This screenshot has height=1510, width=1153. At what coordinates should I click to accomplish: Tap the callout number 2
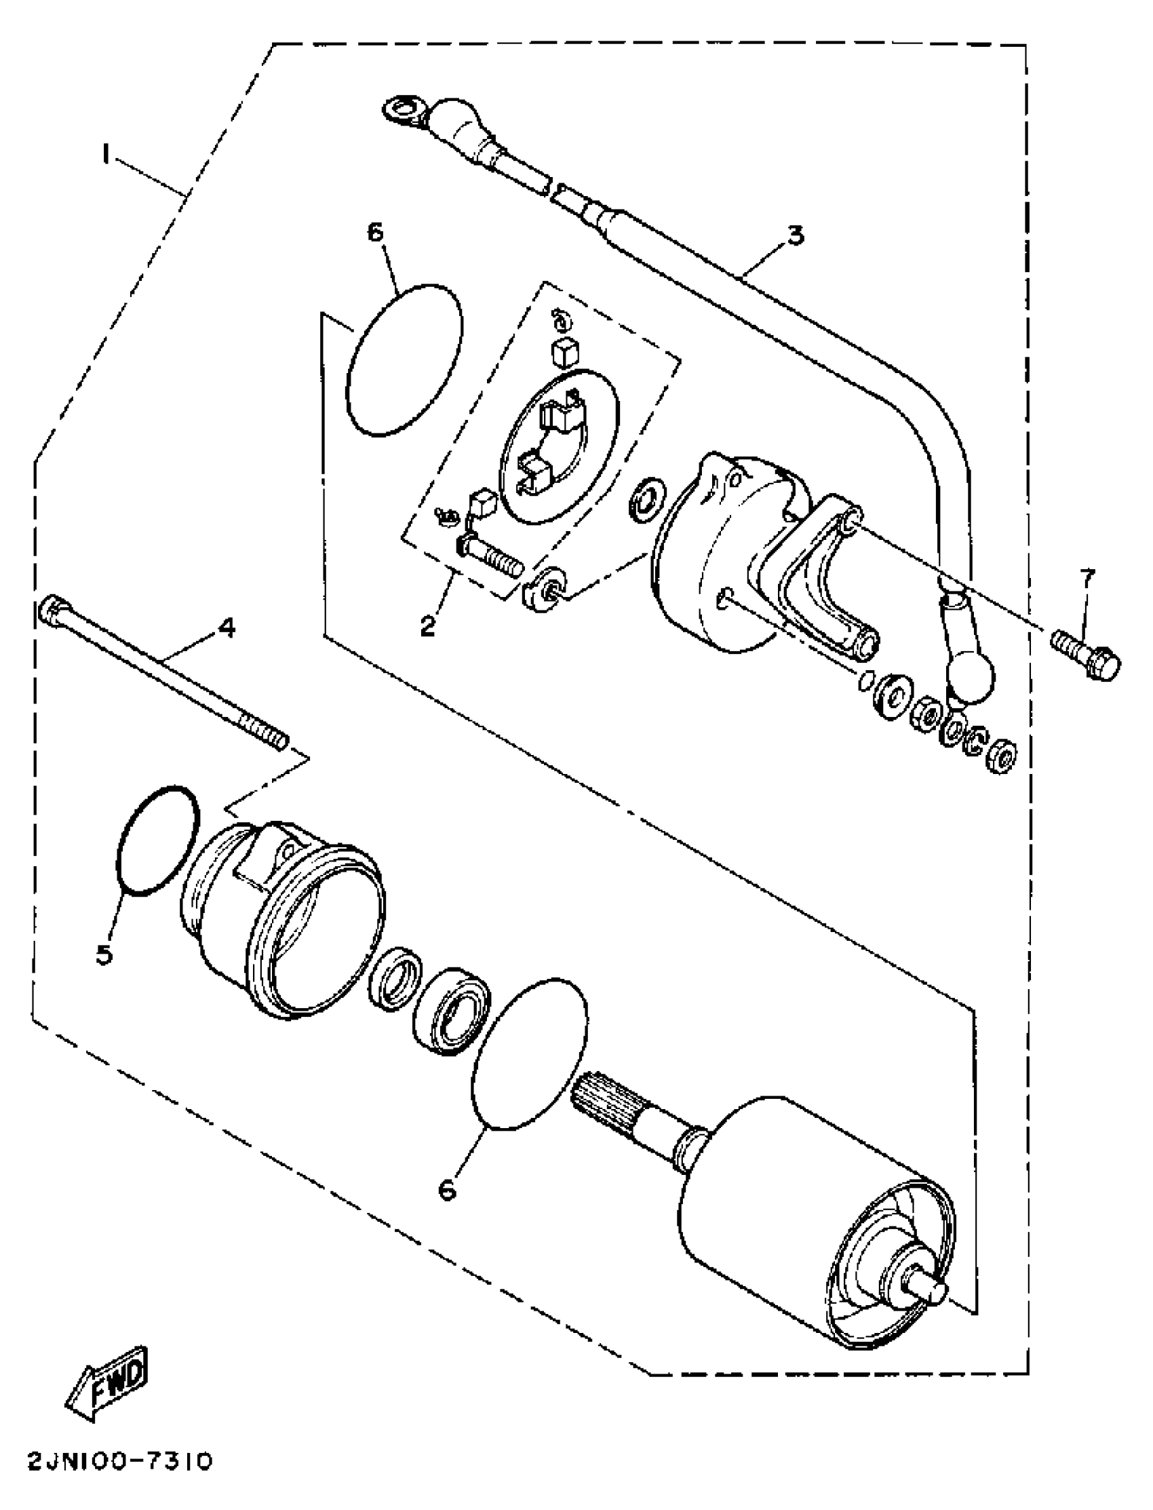tap(427, 625)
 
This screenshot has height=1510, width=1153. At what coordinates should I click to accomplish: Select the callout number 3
tap(795, 235)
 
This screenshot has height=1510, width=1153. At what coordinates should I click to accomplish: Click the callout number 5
tap(104, 954)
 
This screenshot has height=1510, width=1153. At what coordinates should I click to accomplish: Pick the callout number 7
tap(1089, 578)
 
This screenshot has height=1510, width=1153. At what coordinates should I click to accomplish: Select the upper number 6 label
tap(376, 233)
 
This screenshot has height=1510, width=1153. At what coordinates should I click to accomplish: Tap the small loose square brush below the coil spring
tap(565, 352)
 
